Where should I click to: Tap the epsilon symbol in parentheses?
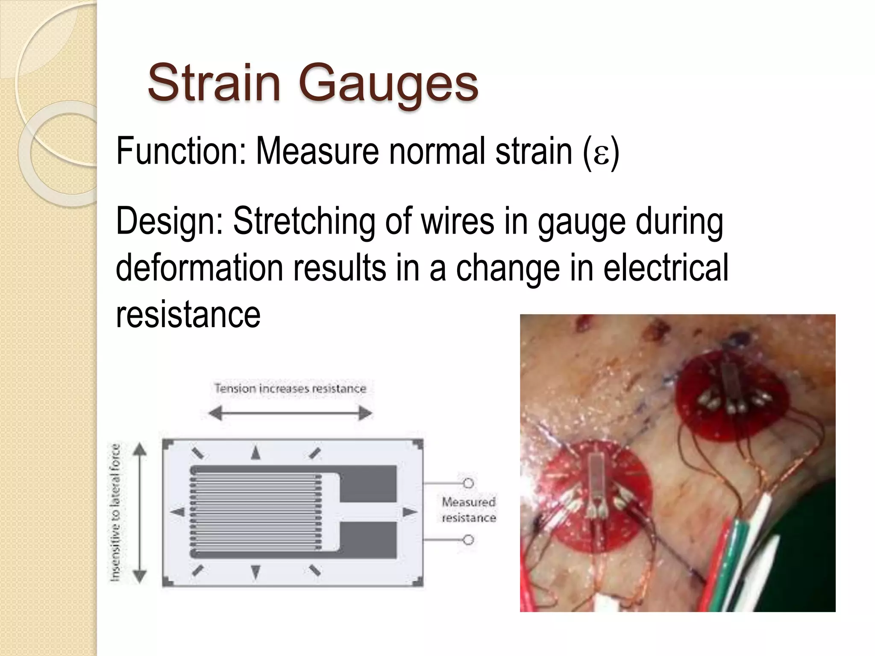pos(601,152)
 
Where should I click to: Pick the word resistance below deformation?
pos(188,314)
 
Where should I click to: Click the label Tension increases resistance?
pos(290,389)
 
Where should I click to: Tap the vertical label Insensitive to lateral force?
pos(116,512)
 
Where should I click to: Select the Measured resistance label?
pos(469,510)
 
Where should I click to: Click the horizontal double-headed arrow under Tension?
pos(290,413)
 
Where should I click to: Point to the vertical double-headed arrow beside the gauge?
pos(140,512)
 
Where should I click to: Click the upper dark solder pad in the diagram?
pos(368,483)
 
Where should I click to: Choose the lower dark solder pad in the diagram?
pos(368,540)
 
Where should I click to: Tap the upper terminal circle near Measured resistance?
pos(469,483)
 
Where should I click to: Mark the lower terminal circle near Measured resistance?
pos(469,540)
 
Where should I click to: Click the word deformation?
pos(199,268)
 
